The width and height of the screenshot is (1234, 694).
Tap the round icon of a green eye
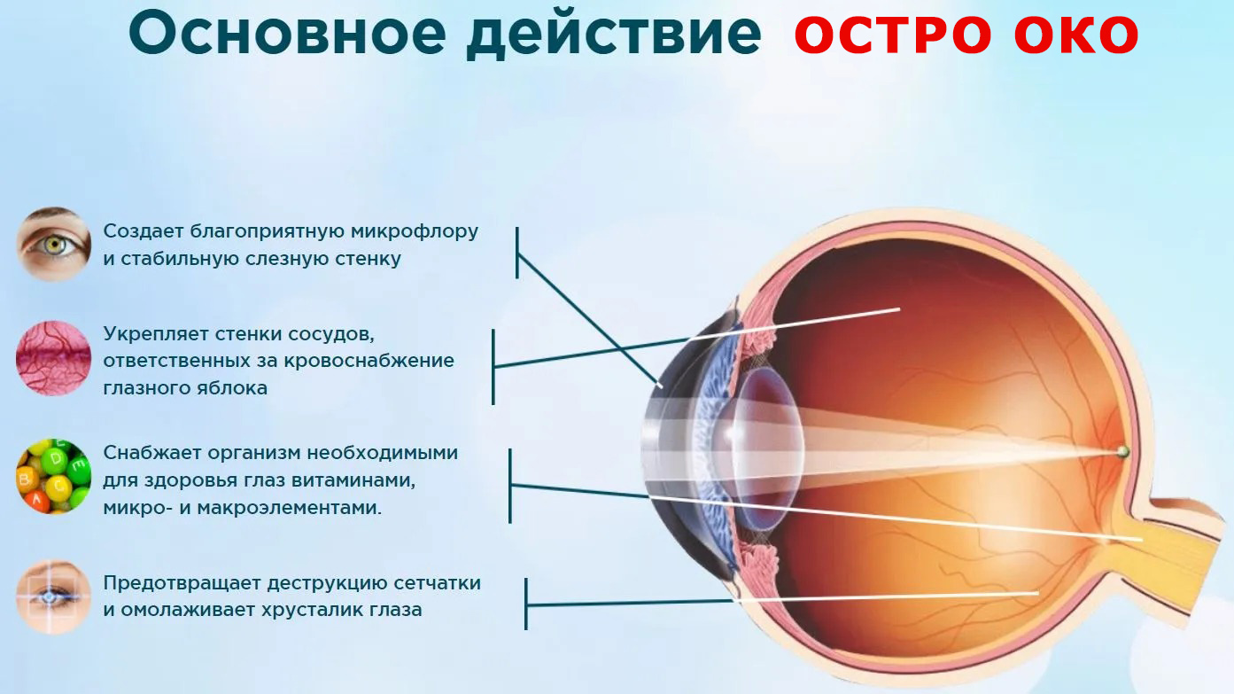pos(54,244)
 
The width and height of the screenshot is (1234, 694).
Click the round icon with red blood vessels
pos(54,358)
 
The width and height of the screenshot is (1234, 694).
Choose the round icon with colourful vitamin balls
pos(54,476)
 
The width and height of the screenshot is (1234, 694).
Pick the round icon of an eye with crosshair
pos(54,596)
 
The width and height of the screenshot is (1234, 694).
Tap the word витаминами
pos(360,480)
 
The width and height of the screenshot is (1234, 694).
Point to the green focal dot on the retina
pos(1122,452)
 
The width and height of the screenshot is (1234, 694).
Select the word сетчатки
pos(436,583)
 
